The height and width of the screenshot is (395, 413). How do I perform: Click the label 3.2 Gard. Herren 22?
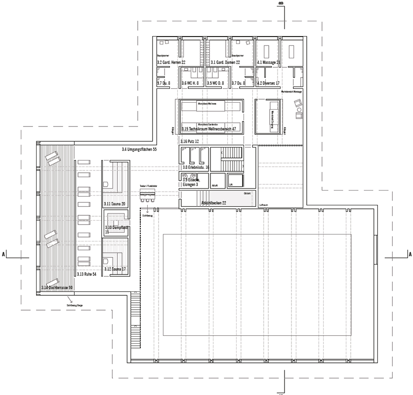171,63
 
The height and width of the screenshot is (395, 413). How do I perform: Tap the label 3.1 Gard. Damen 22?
225,63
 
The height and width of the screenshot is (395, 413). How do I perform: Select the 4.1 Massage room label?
268,63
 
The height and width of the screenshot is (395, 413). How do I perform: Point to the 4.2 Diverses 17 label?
268,83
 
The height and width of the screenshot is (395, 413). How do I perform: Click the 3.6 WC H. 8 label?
190,83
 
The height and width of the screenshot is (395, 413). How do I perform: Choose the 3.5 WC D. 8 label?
215,83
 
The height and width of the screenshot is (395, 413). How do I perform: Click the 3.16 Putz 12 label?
189,141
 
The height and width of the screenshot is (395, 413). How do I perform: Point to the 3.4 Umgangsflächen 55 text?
139,149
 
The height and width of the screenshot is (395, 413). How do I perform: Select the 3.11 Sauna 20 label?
114,203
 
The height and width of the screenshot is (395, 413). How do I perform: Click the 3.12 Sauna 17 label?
114,269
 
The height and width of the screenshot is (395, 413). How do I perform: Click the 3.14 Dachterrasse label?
57,287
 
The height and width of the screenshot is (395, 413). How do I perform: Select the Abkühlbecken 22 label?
213,203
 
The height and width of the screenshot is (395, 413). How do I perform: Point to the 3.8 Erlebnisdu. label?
196,168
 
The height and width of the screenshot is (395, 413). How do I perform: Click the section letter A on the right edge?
410,254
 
